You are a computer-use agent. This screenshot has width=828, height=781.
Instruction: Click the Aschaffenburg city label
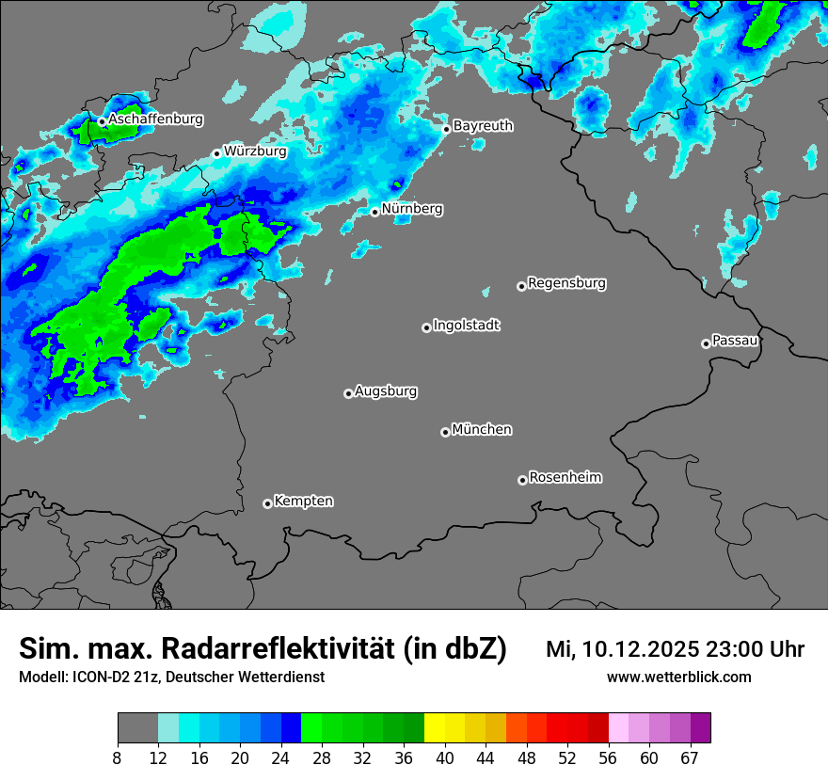155,120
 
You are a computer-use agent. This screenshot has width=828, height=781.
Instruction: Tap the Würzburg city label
255,151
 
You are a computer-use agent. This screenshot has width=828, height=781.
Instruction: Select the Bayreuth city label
483,125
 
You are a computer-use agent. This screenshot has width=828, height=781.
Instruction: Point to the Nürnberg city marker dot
374,212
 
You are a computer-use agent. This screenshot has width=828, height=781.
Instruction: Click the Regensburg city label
566,282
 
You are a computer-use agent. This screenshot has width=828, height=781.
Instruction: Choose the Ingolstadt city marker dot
426,327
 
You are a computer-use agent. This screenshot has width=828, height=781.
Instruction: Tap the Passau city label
735,340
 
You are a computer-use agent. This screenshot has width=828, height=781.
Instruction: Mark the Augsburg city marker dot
348,393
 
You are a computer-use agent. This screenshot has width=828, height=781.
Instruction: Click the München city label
482,429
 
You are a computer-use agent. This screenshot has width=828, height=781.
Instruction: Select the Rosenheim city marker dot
522,480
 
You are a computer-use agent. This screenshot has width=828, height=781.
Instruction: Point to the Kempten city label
303,501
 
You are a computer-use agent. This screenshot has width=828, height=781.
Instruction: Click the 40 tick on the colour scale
444,758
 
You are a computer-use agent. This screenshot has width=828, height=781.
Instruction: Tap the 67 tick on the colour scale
691,758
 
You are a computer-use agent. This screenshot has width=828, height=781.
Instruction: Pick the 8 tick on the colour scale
118,758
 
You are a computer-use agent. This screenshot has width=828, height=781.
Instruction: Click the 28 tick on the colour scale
322,758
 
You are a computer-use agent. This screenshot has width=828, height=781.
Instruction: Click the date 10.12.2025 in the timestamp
639,649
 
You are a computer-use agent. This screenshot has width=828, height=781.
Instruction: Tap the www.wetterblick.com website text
679,677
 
